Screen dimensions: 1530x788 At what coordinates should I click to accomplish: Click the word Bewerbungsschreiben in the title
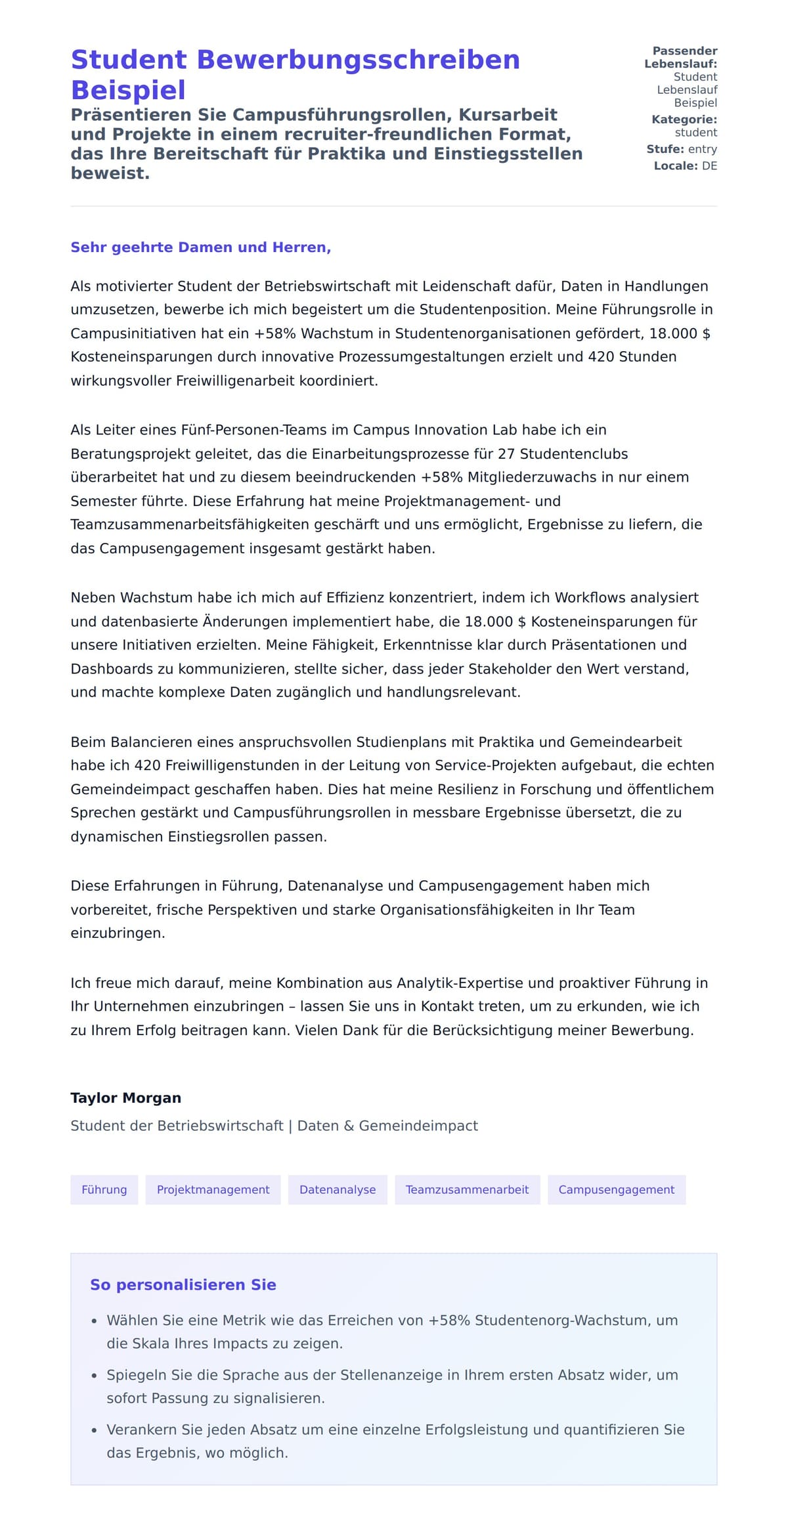pyautogui.click(x=358, y=60)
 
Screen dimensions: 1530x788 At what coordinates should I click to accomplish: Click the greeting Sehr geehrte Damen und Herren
pyautogui.click(x=200, y=247)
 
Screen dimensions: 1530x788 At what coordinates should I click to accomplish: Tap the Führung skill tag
pyautogui.click(x=104, y=1189)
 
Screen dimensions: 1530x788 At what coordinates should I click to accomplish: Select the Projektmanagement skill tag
pyautogui.click(x=213, y=1189)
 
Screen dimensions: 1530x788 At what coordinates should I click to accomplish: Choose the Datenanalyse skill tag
pyautogui.click(x=338, y=1189)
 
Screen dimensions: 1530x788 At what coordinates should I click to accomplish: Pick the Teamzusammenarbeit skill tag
pyautogui.click(x=467, y=1189)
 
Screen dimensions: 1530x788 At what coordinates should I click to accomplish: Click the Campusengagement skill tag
pyautogui.click(x=616, y=1189)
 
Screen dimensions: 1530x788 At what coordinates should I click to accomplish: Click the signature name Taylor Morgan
pyautogui.click(x=125, y=1098)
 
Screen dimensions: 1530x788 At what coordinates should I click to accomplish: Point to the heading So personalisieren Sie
pyautogui.click(x=183, y=1285)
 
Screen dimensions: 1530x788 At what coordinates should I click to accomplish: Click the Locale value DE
pyautogui.click(x=709, y=166)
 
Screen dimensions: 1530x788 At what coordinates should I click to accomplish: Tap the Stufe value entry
pyautogui.click(x=702, y=149)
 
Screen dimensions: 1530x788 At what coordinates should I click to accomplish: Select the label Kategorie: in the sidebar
pyautogui.click(x=684, y=119)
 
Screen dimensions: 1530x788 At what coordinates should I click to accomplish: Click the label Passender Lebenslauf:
pyautogui.click(x=681, y=58)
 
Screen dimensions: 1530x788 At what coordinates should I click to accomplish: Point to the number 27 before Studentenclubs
pyautogui.click(x=506, y=454)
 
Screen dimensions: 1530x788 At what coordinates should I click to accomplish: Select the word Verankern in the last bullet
pyautogui.click(x=136, y=1430)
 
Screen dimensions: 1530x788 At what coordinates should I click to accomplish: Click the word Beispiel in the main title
pyautogui.click(x=128, y=90)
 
